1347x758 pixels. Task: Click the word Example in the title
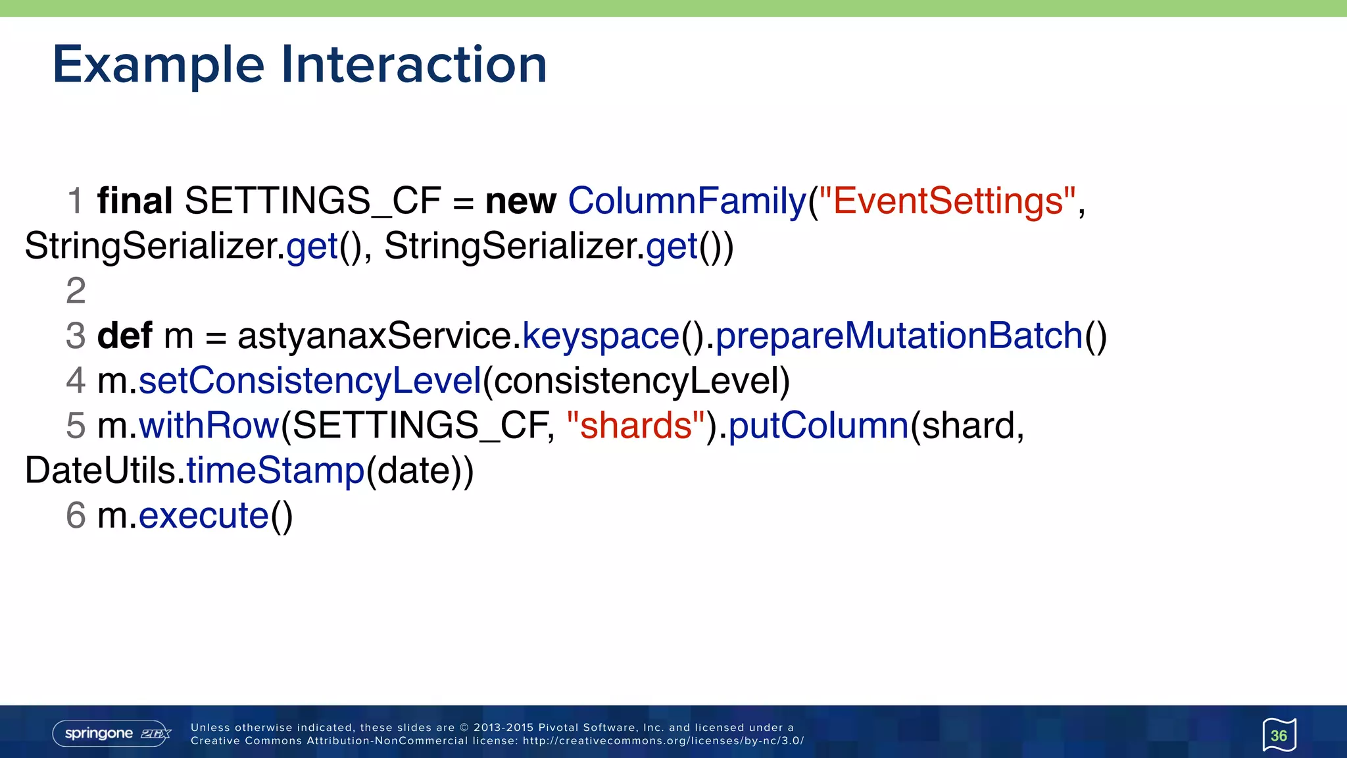tap(158, 66)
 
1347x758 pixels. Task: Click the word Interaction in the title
tap(414, 64)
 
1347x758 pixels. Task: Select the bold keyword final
tap(135, 201)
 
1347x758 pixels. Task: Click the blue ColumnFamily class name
tap(687, 201)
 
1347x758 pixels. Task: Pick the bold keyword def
tap(125, 336)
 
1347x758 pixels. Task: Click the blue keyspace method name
tap(600, 337)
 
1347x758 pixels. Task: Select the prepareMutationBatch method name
tap(899, 337)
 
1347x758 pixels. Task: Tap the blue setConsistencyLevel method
tap(310, 382)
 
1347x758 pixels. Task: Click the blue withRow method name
tap(209, 426)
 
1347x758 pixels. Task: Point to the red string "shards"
tap(635, 426)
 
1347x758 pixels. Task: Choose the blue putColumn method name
tap(819, 426)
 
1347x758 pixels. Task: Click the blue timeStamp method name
tap(276, 471)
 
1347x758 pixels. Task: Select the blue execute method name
tap(204, 516)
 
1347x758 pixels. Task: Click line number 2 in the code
tap(76, 291)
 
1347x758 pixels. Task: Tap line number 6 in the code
tap(76, 515)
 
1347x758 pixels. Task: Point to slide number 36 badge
tap(1279, 735)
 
